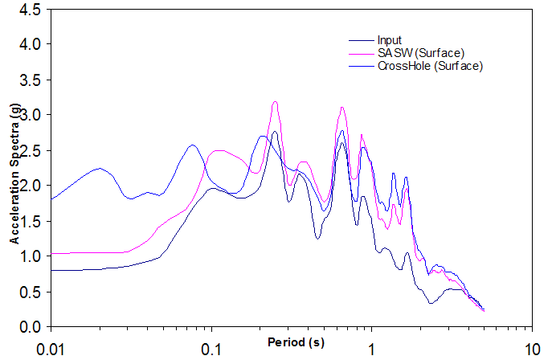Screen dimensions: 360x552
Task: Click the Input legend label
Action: (x=389, y=40)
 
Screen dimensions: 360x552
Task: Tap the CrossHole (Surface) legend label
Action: (x=429, y=66)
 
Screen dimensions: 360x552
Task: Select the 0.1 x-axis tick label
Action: (x=211, y=350)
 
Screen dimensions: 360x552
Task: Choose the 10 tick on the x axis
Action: (x=530, y=350)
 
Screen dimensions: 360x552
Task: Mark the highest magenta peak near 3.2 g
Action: (x=275, y=102)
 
